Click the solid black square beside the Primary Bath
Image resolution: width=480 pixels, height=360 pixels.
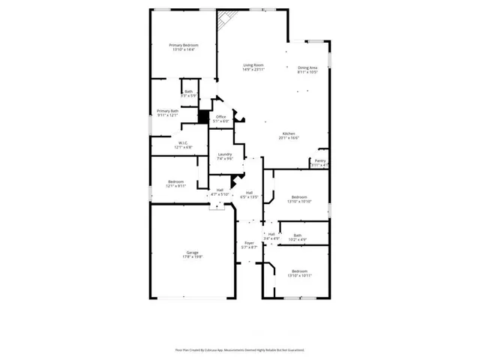[x=202, y=117]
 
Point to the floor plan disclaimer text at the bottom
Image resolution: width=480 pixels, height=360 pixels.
[x=240, y=349]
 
